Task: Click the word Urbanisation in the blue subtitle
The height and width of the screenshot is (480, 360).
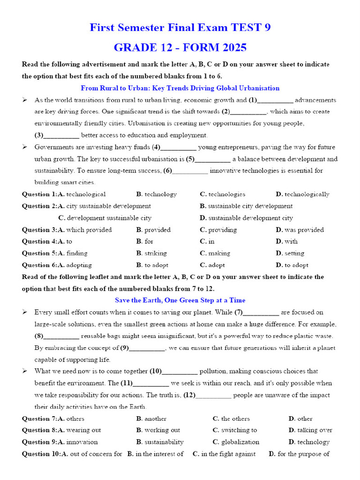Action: point(260,88)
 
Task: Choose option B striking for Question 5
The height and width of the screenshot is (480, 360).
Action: point(155,253)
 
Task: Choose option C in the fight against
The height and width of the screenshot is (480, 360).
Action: point(228,454)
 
